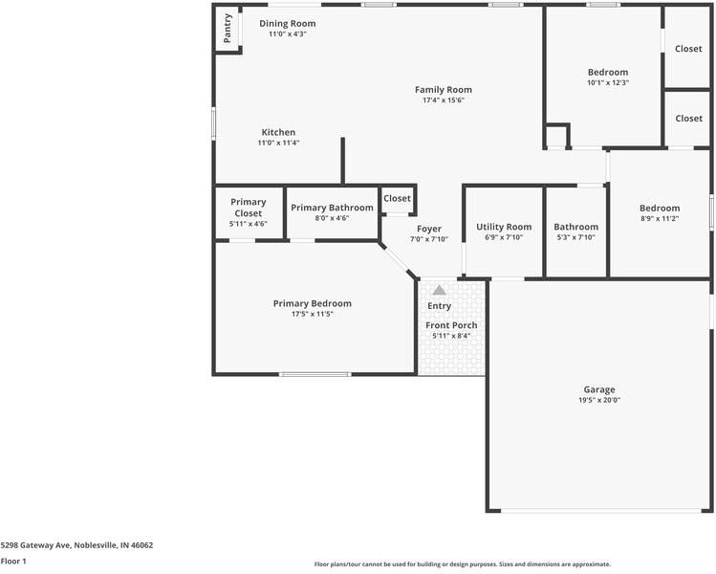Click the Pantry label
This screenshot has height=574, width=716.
click(228, 28)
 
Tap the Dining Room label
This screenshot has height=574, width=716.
click(287, 24)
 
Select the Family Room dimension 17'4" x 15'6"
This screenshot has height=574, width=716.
click(443, 100)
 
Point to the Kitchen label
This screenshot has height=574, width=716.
click(278, 132)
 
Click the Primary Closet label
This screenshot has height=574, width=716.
click(248, 208)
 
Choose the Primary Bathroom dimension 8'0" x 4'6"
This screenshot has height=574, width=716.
click(332, 218)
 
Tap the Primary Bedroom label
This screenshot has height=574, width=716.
click(312, 303)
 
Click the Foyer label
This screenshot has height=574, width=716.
click(429, 229)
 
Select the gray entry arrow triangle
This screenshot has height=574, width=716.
click(439, 289)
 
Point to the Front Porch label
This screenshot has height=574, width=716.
click(451, 325)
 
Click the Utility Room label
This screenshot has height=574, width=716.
click(504, 227)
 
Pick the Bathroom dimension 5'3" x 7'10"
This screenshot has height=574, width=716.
click(575, 237)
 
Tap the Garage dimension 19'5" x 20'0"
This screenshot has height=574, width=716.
click(599, 400)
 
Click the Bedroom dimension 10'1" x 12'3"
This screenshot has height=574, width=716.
click(607, 82)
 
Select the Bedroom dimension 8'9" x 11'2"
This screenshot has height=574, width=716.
click(660, 218)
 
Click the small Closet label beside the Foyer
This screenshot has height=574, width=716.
click(397, 199)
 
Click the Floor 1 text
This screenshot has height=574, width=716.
click(13, 562)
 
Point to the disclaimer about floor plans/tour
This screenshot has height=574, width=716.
click(462, 564)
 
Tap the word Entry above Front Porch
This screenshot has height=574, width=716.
click(439, 306)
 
